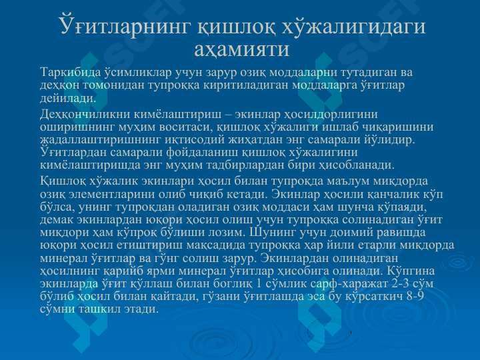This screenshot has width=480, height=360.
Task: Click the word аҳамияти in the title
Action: (x=241, y=49)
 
